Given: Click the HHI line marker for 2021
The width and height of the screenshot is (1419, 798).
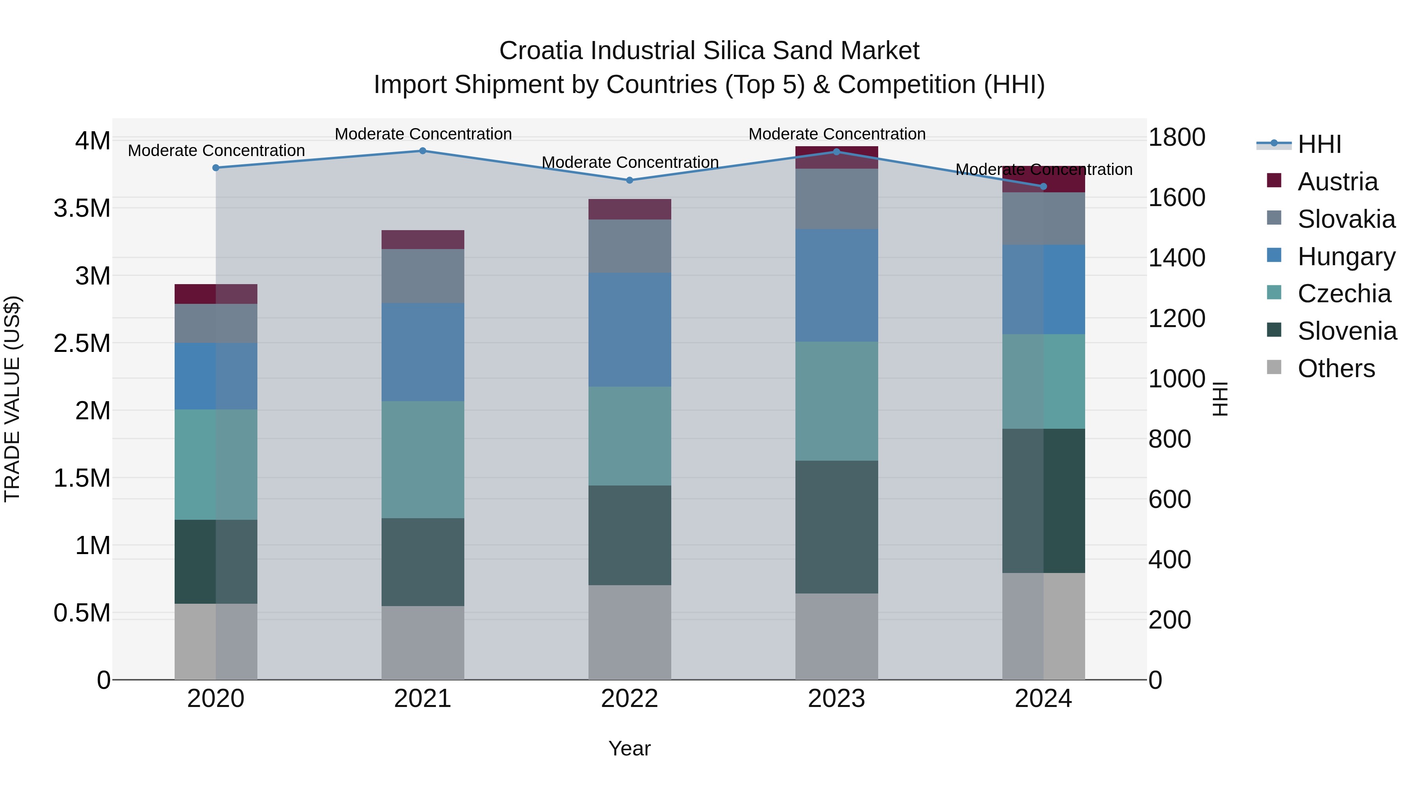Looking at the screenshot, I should [x=423, y=151].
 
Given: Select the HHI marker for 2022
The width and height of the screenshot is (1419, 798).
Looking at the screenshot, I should [x=629, y=180].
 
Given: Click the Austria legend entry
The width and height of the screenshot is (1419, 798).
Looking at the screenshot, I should [x=1337, y=182].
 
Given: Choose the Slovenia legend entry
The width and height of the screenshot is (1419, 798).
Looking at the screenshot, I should [x=1346, y=331].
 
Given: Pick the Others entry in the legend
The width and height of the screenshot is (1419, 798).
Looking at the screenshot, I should [x=1335, y=368].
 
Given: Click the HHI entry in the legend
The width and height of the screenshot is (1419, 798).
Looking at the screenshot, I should [x=1319, y=144].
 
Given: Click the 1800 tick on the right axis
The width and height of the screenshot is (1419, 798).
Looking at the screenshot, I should [x=1177, y=137].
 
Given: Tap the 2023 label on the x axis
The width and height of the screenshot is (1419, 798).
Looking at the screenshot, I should [x=836, y=699].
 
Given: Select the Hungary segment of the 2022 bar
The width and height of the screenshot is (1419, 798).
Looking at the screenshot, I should [x=629, y=329].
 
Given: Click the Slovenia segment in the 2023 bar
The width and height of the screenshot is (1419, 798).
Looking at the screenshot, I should [x=836, y=526].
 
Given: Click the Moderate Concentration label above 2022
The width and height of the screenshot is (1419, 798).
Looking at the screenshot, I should [x=629, y=162].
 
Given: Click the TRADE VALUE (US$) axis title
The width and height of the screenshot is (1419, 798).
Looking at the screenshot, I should [x=12, y=399].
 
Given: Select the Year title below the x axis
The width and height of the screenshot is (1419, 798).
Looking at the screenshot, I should [x=629, y=748].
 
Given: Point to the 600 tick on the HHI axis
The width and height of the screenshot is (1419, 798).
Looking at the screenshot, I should [x=1169, y=500].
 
